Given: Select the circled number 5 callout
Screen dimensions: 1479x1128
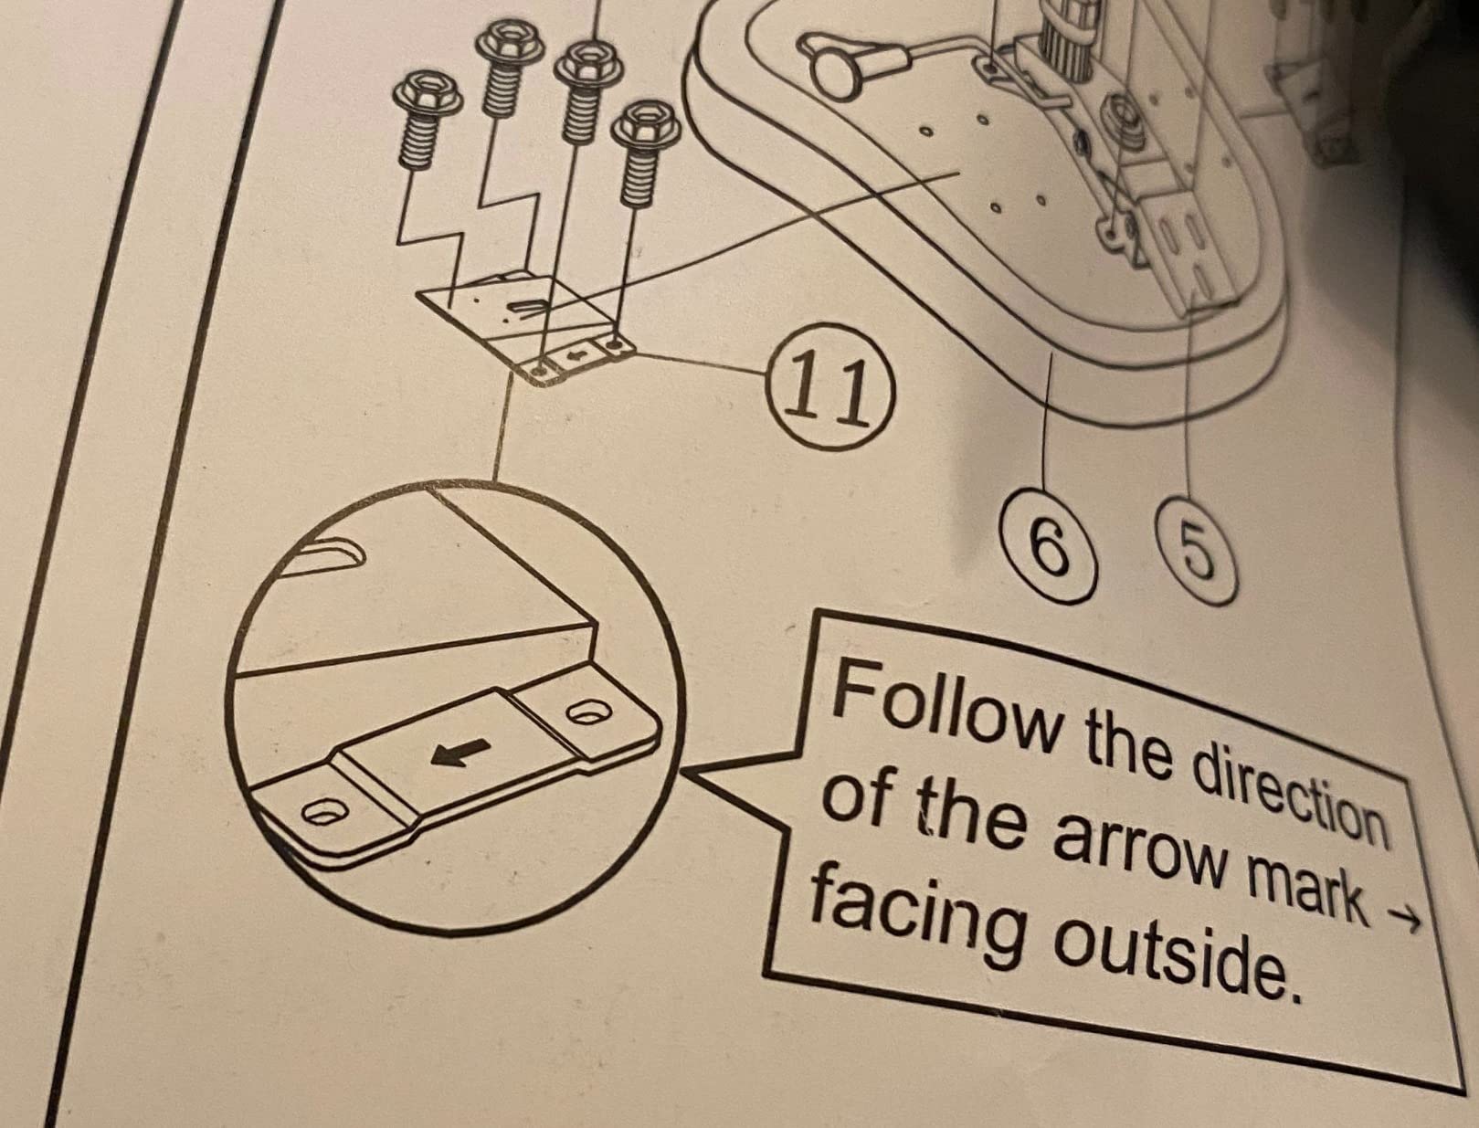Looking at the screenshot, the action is click(x=1197, y=550).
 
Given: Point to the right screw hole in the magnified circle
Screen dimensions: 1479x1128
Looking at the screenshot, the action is click(x=589, y=712).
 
